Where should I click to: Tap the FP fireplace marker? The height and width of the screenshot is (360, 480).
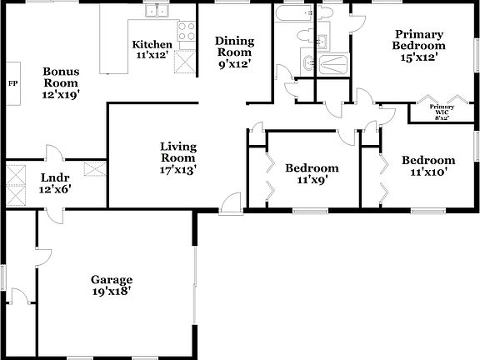click(12, 83)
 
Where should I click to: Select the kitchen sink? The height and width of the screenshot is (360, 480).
click(156, 12)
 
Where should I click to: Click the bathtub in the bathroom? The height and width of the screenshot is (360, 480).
click(294, 16)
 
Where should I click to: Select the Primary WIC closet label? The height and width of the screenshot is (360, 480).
click(441, 109)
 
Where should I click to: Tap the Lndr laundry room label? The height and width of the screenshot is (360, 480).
click(55, 177)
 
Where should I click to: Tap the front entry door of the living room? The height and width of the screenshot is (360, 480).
click(231, 201)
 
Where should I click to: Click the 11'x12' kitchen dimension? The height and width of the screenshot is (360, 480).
click(152, 56)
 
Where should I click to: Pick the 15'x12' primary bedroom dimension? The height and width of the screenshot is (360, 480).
click(419, 57)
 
